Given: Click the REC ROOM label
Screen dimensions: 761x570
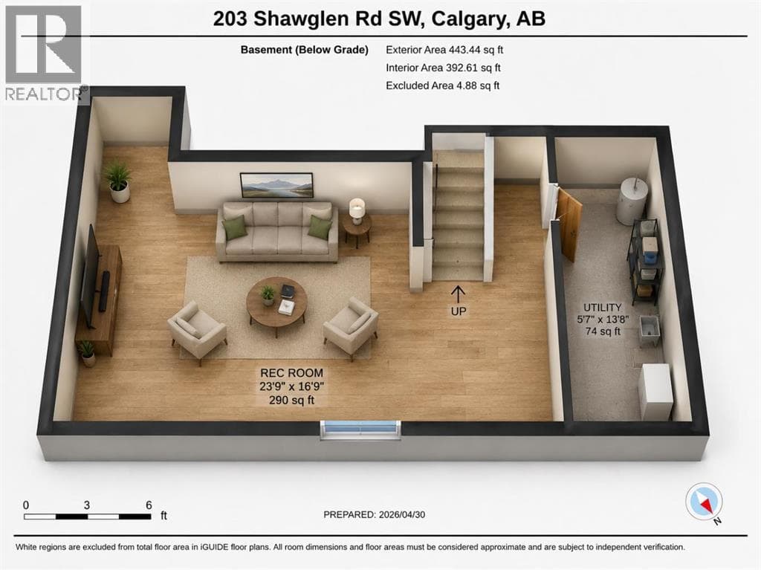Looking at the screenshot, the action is (x=291, y=373).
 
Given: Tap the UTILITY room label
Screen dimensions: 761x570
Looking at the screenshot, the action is (x=602, y=308).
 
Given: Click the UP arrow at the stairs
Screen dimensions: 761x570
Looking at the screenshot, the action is (x=458, y=294).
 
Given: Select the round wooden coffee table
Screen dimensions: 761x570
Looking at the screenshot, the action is (x=276, y=304).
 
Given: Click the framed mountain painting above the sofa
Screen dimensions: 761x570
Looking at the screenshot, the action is (x=276, y=185).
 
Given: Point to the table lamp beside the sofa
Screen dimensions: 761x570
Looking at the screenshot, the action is (x=357, y=211).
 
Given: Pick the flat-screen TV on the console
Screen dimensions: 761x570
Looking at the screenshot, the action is (x=91, y=276).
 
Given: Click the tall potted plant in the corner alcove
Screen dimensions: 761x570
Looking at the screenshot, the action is (x=118, y=181).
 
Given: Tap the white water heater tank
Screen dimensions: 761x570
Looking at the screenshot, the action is (x=632, y=200).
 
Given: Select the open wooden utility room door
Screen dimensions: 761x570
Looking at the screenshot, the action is (x=569, y=224).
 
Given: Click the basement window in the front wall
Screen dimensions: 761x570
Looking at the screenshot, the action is (x=360, y=430).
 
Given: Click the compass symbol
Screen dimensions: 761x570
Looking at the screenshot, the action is (x=704, y=502).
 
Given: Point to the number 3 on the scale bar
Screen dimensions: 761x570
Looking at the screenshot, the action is (x=86, y=505).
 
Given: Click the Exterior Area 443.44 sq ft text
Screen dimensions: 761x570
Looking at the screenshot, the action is (x=444, y=50).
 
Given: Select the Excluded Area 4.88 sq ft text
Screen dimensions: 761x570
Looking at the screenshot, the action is (x=442, y=85).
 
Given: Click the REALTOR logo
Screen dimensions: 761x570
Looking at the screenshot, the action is (x=45, y=54).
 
